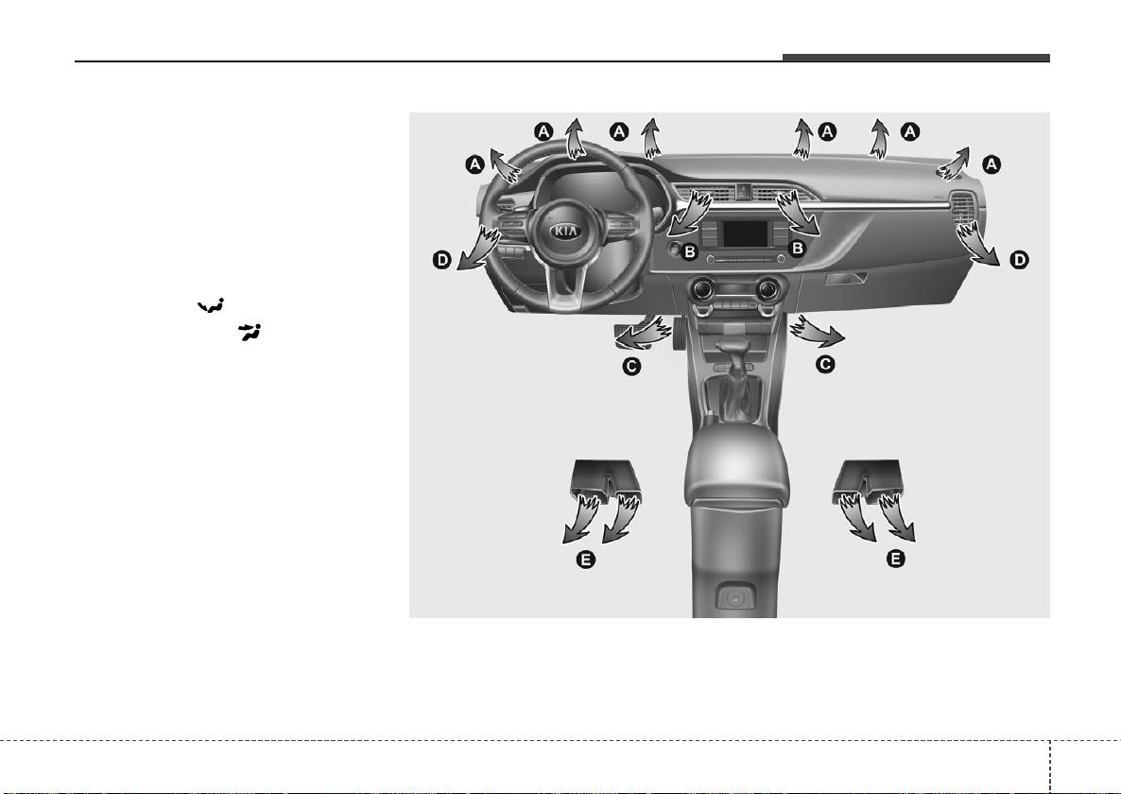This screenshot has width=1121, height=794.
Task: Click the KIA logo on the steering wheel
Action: click(x=564, y=232)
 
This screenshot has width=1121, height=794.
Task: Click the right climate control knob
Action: click(x=767, y=288)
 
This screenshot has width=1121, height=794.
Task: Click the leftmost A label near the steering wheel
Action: click(x=474, y=165)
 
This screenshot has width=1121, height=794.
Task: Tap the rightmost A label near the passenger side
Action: click(x=991, y=164)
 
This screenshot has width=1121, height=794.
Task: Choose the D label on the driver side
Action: click(x=442, y=259)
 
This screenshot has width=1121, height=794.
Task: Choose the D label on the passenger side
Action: click(x=1019, y=259)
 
